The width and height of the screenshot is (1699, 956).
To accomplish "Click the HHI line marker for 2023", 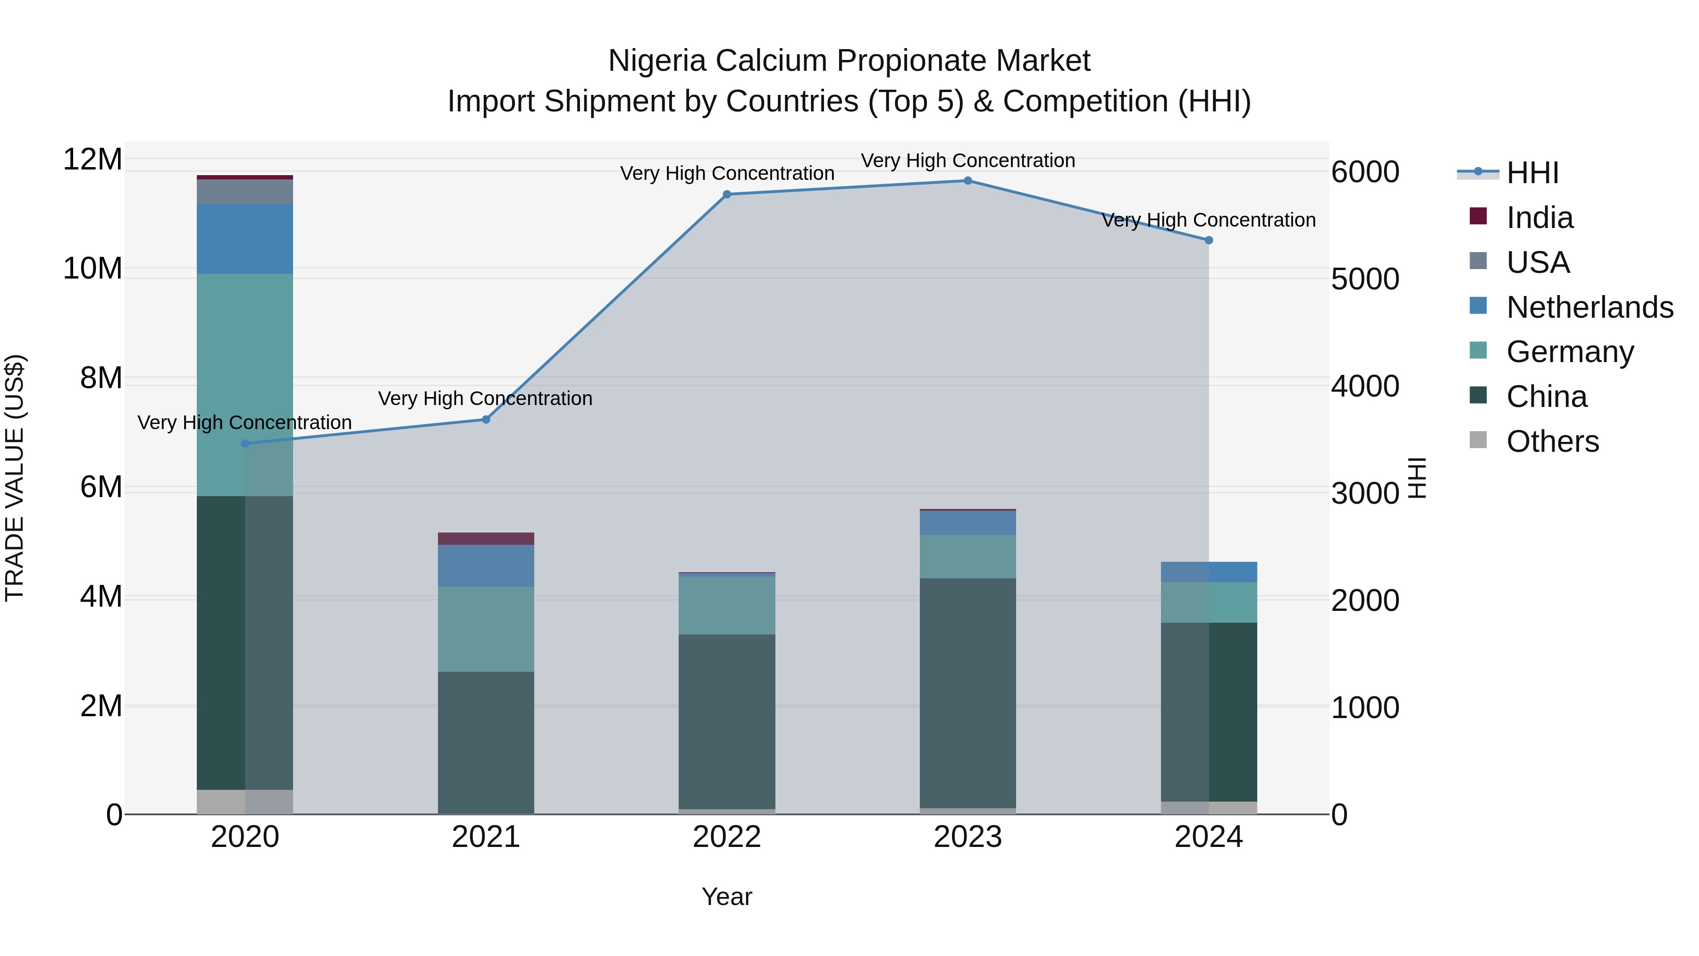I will (x=967, y=181).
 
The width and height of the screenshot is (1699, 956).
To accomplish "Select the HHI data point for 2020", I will (x=245, y=443).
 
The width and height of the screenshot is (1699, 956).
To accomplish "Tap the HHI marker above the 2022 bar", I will (x=727, y=195).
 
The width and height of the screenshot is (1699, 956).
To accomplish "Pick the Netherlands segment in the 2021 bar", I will (x=486, y=566).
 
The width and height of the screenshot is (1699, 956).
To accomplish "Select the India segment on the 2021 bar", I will (x=486, y=538).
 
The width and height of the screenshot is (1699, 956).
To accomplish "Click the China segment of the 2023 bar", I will (x=967, y=693).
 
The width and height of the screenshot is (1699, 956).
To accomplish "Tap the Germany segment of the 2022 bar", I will (x=727, y=606).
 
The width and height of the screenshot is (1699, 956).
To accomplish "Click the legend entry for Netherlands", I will (x=1590, y=307).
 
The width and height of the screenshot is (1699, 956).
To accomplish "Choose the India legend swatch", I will (x=1478, y=216).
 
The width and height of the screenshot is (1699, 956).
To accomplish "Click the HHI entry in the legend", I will (x=1532, y=173).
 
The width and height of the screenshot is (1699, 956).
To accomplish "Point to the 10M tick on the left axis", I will (x=93, y=269).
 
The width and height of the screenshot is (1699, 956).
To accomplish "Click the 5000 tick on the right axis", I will (x=1364, y=279).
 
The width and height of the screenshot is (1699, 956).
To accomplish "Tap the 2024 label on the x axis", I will (x=1208, y=837).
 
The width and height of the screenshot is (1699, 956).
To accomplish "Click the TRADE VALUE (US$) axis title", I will (x=15, y=478).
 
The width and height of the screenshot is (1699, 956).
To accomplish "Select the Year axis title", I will (x=727, y=897).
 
